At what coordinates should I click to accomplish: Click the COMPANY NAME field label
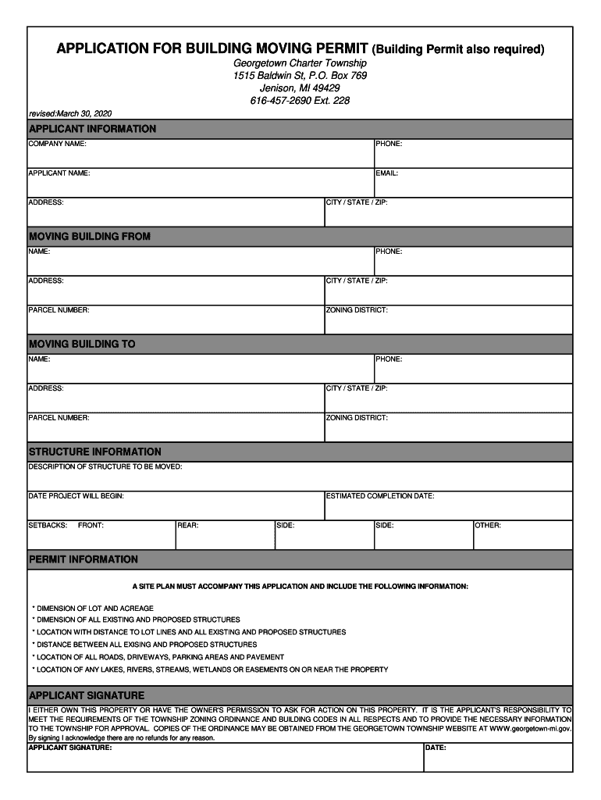[57, 145]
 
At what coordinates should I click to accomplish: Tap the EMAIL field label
[387, 173]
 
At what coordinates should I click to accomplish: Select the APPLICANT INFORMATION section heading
[92, 129]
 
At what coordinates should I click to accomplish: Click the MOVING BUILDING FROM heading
[89, 237]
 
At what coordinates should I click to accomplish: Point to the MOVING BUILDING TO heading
[82, 345]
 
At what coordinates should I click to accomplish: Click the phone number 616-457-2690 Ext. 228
[300, 101]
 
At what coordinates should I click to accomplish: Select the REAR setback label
[187, 526]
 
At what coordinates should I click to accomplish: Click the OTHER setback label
[488, 526]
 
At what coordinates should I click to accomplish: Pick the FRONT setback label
[91, 526]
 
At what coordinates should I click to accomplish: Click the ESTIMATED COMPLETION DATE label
[380, 496]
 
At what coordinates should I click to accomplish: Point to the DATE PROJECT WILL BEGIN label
[76, 496]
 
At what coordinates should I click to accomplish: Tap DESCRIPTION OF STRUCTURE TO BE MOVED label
[105, 467]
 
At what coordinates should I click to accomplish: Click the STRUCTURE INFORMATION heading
[95, 452]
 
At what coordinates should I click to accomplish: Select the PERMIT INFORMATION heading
[84, 560]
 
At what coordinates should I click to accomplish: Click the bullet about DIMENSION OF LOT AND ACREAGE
[93, 608]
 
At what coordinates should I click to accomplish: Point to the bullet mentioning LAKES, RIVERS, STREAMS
[210, 670]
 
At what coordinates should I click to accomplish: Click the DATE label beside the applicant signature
[436, 748]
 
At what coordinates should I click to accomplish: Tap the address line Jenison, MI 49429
[300, 88]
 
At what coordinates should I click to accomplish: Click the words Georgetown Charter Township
[300, 62]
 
